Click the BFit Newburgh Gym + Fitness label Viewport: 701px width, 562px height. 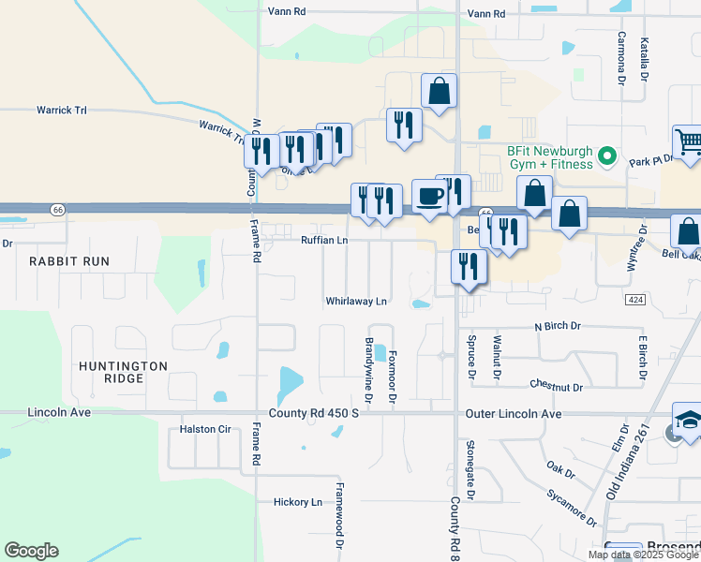pyautogui.click(x=537, y=156)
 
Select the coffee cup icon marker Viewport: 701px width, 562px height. pyautogui.click(x=429, y=197)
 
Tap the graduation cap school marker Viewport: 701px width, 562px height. pyautogui.click(x=689, y=420)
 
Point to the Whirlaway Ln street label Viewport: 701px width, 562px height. pyautogui.click(x=356, y=302)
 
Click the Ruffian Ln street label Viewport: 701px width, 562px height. pyautogui.click(x=324, y=241)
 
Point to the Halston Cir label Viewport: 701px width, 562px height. pyautogui.click(x=204, y=430)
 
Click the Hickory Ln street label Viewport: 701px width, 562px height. pyautogui.click(x=298, y=502)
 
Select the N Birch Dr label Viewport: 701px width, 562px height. pyautogui.click(x=559, y=326)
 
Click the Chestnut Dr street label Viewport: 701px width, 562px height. pyautogui.click(x=556, y=386)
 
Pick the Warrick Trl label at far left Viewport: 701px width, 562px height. pyautogui.click(x=62, y=111)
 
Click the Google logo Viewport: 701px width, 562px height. pyautogui.click(x=31, y=551)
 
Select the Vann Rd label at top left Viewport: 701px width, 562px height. pyautogui.click(x=287, y=12)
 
